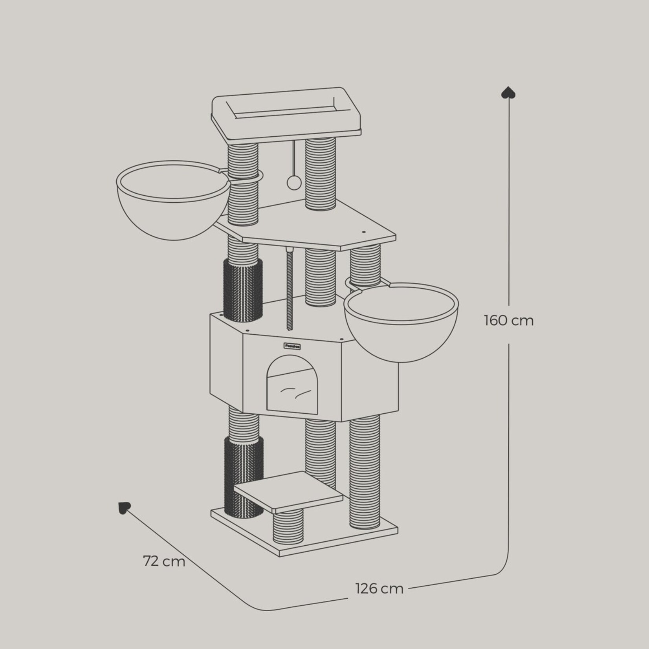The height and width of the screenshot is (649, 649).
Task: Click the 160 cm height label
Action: click(x=508, y=321)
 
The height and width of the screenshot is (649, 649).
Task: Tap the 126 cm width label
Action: click(x=379, y=588)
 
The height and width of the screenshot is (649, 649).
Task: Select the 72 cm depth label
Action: click(x=164, y=561)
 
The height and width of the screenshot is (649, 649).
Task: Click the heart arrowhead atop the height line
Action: click(x=508, y=93)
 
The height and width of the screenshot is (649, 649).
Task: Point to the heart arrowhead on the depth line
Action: click(x=124, y=508)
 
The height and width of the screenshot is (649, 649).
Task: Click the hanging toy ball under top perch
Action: click(x=292, y=182)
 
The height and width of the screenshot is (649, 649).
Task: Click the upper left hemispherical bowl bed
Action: click(x=173, y=202)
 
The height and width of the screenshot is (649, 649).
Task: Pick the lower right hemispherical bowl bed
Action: click(x=401, y=324)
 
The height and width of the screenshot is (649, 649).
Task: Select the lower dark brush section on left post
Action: click(x=243, y=475)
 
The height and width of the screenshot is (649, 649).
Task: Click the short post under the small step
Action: click(x=288, y=526)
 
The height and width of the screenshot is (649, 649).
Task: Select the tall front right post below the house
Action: click(x=365, y=471)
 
